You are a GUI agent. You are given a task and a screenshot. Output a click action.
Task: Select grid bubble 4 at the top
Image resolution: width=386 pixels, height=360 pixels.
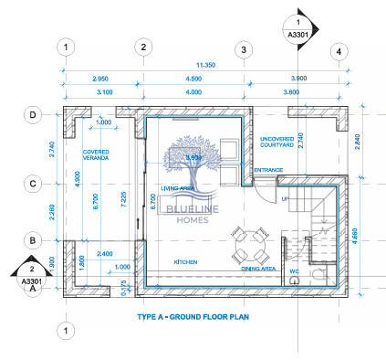(339, 50)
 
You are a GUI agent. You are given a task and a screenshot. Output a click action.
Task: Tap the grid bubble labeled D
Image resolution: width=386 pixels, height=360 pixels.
(32, 115)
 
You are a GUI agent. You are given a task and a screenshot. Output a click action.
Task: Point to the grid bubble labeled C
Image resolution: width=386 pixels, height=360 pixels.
(32, 183)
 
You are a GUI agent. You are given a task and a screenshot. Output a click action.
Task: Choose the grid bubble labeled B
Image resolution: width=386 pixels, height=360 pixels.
(32, 240)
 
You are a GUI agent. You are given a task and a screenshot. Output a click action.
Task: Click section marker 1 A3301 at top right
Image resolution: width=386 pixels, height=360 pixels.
(297, 29)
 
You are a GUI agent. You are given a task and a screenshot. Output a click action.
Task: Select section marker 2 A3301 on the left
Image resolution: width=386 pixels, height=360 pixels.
(31, 275)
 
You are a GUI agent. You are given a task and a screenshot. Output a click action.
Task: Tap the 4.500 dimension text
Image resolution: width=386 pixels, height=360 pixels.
(193, 79)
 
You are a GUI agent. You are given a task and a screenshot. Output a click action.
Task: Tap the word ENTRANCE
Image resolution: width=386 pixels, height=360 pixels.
(268, 171)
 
